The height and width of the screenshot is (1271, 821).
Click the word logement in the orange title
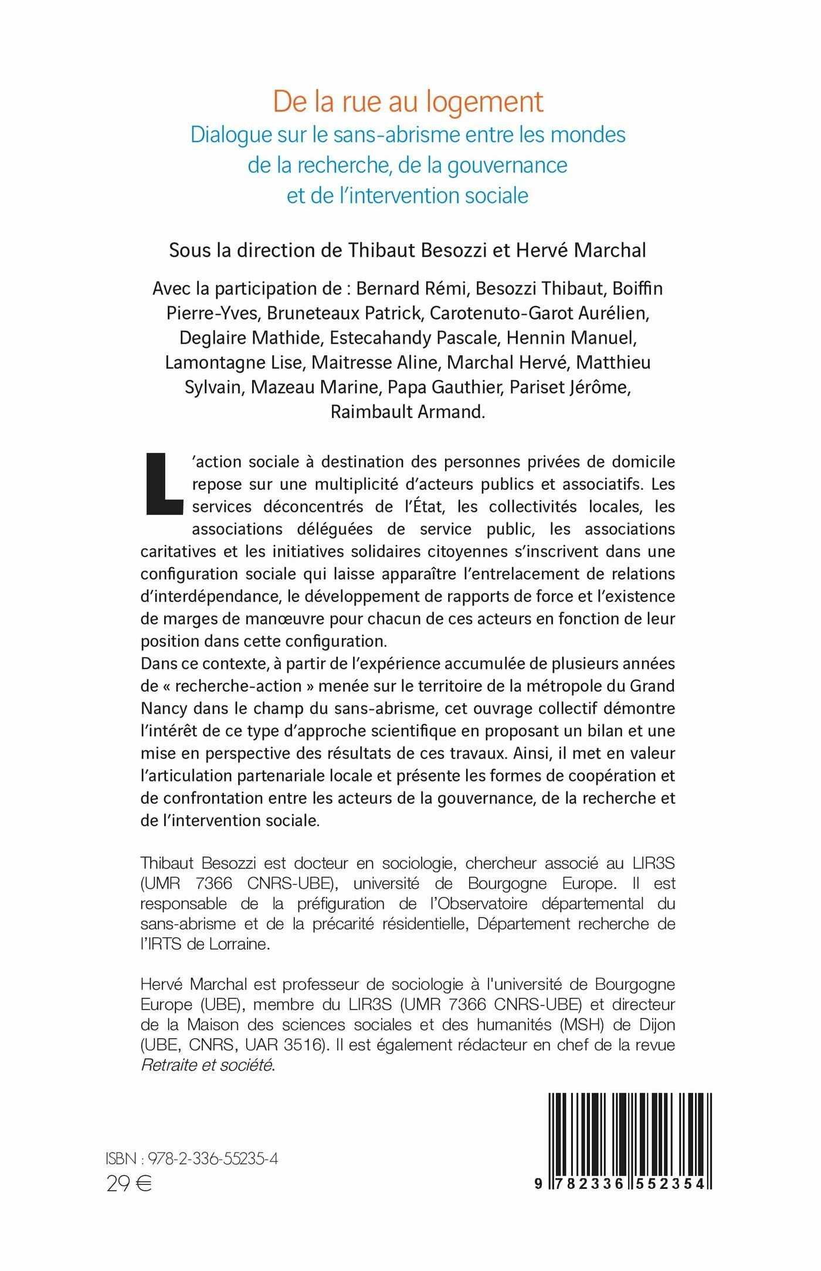point(484,103)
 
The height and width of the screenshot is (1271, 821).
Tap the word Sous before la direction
point(189,250)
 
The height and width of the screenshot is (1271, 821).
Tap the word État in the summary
point(428,507)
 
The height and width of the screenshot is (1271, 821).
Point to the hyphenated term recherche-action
point(238,686)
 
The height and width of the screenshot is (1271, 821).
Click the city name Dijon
point(656,1024)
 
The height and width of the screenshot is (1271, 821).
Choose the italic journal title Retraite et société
point(206,1065)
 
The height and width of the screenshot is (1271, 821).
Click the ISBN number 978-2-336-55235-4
point(212,1158)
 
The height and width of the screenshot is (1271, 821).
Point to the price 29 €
point(129,1184)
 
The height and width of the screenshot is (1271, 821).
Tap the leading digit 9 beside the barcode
point(538,1184)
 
